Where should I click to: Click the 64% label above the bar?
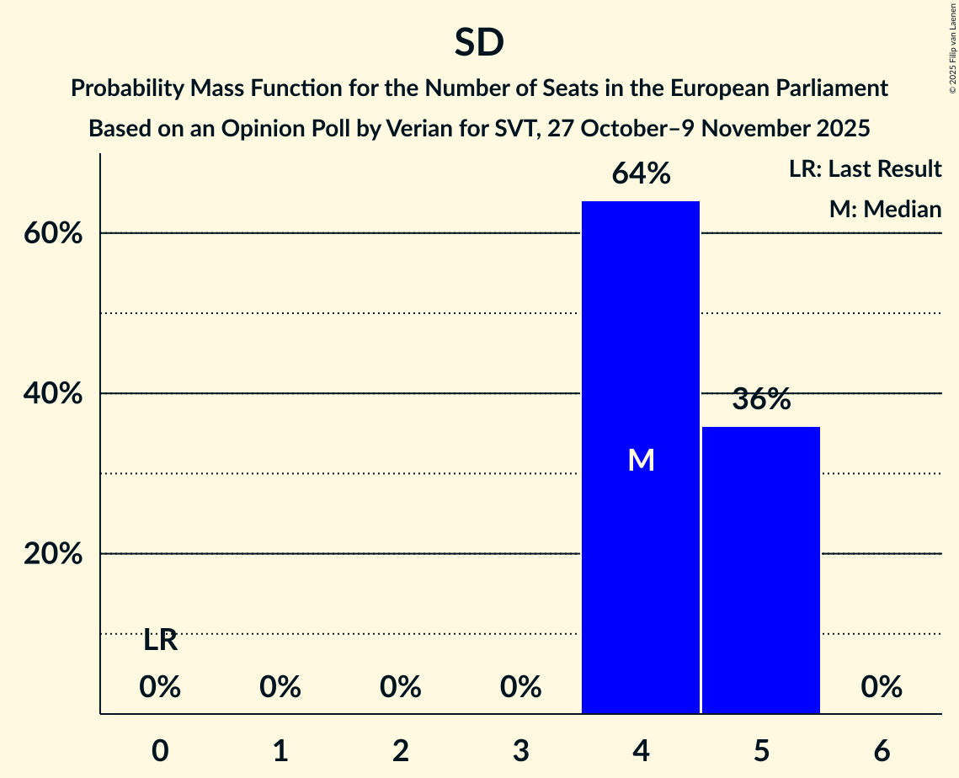coord(641,174)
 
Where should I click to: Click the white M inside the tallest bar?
coord(641,460)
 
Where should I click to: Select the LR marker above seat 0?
coord(160,641)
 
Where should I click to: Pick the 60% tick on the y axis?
coord(52,233)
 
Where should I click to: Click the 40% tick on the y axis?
coord(52,394)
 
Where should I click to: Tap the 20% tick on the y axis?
coord(52,554)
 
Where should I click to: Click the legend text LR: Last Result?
coord(865,169)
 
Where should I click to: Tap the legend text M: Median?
coord(885,209)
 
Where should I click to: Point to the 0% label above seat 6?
coord(882,688)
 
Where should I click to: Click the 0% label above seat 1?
coord(280,688)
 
